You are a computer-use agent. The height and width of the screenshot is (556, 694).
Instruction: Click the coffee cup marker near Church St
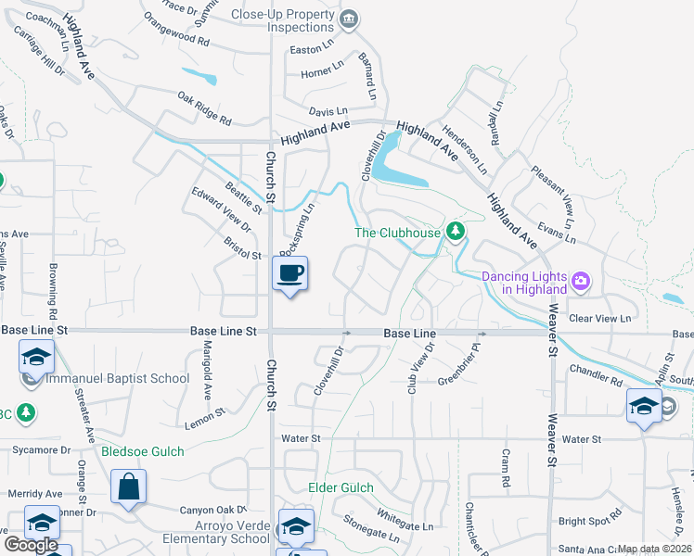click(x=289, y=274)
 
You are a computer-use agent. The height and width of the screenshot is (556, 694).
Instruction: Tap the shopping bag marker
click(x=129, y=486)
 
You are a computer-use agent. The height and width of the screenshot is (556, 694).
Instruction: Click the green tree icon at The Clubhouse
click(x=455, y=231)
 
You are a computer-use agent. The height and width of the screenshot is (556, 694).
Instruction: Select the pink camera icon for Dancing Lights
click(x=581, y=280)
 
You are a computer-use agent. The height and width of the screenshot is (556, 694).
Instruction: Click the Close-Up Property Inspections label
click(x=280, y=20)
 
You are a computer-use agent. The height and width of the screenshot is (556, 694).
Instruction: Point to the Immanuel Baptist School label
click(x=118, y=378)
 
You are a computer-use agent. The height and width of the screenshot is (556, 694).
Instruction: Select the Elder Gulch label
click(x=341, y=488)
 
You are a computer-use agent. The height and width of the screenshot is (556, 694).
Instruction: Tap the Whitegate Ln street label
click(x=405, y=520)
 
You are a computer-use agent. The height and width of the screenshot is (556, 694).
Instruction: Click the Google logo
click(x=31, y=545)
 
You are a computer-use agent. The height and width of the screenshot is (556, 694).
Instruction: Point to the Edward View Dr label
click(x=221, y=209)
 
